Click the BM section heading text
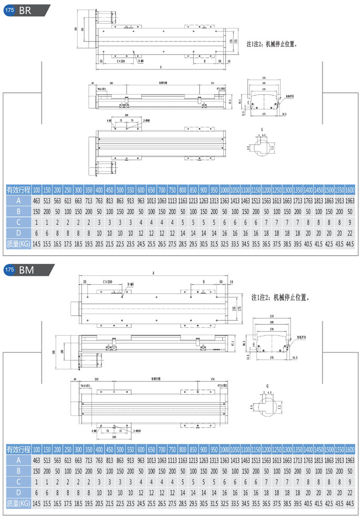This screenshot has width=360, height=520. (26, 270)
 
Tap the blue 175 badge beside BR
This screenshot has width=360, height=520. (9, 9)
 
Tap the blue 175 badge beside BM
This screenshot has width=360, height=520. (9, 270)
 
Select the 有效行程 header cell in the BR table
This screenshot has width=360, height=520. (17, 189)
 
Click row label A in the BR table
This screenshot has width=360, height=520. (17, 201)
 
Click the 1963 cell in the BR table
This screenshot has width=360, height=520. (350, 201)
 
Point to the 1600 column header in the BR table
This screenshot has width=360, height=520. (350, 189)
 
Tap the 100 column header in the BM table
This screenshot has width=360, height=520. (36, 449)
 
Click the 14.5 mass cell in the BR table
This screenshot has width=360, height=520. (36, 245)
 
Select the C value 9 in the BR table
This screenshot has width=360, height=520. (350, 223)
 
